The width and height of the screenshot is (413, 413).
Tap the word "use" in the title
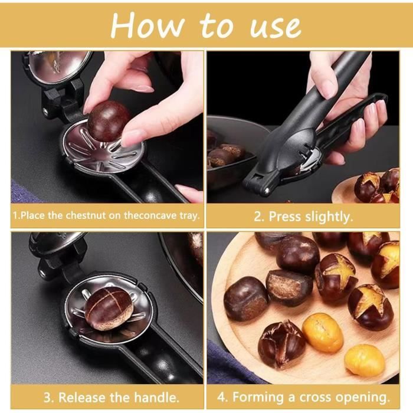(x=276, y=27)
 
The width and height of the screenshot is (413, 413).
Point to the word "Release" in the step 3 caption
(x=82, y=397)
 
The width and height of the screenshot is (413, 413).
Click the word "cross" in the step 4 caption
(x=314, y=397)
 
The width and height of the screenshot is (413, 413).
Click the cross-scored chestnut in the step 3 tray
(x=108, y=307)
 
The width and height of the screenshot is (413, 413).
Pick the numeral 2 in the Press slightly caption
(x=258, y=217)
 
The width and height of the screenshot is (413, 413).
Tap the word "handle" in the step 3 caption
(x=156, y=397)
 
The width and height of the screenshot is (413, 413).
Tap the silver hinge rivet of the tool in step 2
(x=267, y=190)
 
